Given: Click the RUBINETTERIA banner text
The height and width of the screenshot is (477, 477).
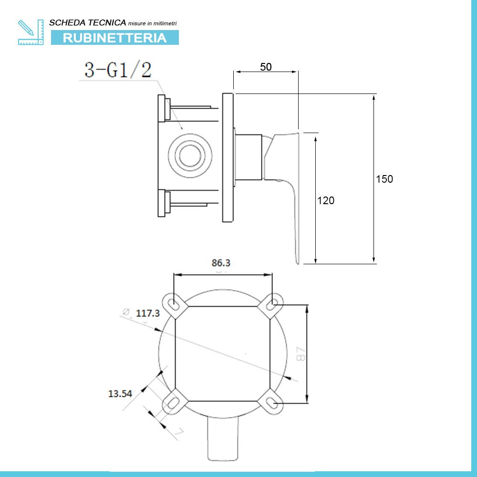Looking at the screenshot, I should coord(114,38).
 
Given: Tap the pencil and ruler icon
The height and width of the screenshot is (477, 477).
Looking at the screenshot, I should coord(31,32).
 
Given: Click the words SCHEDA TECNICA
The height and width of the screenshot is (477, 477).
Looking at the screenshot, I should coord(88,22).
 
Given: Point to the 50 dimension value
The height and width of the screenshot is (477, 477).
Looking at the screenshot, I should coord(266,67).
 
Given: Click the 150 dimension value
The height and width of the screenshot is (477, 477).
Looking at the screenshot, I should coord(384,179).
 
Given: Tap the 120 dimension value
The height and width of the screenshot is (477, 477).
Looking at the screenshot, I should coord(326,201).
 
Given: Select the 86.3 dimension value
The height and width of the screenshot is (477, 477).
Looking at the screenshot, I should coord(221,263).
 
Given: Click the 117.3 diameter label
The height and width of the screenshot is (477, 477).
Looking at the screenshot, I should coord(148,313).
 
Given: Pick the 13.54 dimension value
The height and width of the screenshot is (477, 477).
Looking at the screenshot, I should coord(120,394).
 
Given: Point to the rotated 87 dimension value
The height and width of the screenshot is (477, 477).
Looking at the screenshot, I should coord(301,353).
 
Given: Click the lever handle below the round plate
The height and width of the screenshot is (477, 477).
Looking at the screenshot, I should coord(222,440).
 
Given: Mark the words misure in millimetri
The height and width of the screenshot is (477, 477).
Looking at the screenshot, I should coord(153,23).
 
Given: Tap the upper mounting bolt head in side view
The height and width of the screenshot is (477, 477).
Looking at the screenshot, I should coord(162,109).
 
